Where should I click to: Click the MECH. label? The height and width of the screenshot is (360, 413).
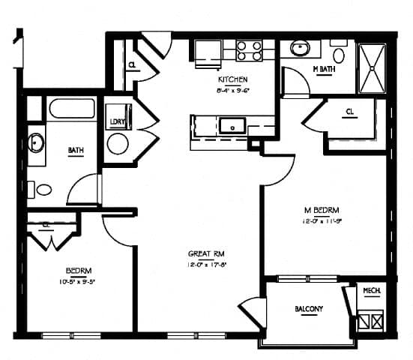coord(372,291)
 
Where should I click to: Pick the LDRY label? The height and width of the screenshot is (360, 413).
coord(118,121)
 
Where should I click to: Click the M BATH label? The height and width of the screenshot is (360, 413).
coord(324,70)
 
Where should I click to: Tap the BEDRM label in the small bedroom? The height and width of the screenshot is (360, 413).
coord(78,270)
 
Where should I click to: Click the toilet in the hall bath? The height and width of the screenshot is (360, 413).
coord(42,190)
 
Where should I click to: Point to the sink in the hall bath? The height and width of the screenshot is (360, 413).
coord(35,141)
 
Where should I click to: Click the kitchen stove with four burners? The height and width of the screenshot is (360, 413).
coord(250,50)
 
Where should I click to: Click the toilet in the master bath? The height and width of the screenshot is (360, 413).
coord(339,54)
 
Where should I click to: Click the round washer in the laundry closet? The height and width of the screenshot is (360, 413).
coord(118,143)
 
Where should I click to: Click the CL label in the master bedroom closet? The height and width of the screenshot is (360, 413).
coord(350,112)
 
